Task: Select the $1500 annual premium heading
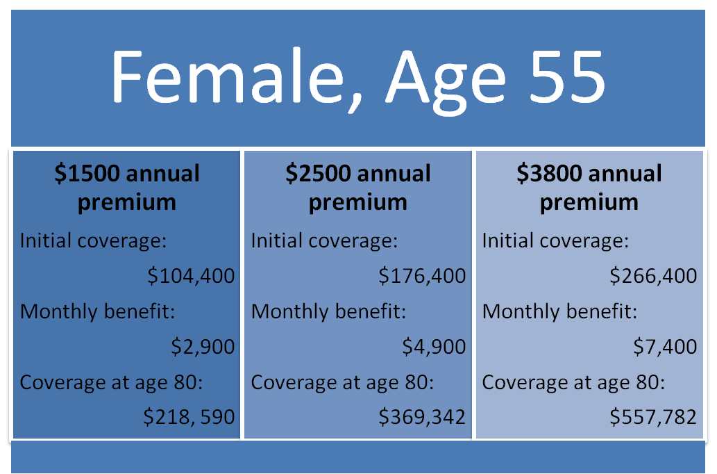click(126, 187)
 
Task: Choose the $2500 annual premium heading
click(357, 187)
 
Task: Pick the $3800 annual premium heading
click(589, 187)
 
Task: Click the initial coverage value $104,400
click(191, 276)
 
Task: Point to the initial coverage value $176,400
click(422, 276)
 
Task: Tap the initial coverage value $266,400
click(653, 276)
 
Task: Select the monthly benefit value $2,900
click(203, 346)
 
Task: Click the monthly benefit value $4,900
click(434, 346)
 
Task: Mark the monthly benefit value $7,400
click(665, 346)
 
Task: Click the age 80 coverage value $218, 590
click(189, 417)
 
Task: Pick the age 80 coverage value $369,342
click(422, 417)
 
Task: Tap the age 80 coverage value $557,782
click(653, 417)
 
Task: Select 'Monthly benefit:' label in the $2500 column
click(328, 312)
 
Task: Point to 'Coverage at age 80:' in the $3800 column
click(573, 383)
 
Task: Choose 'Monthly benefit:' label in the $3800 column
click(559, 312)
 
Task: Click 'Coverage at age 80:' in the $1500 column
click(111, 383)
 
